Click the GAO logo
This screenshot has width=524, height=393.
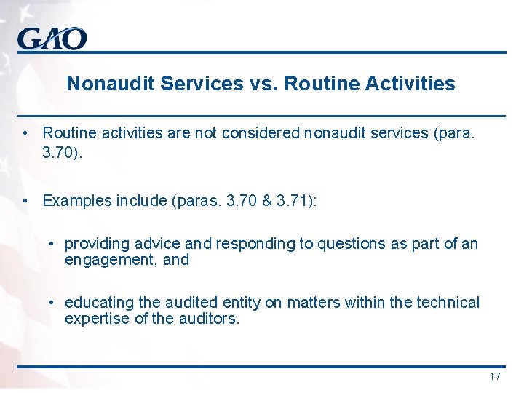coord(52,39)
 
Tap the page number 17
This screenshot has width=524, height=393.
coord(495,376)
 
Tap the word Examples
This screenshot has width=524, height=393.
coord(74,200)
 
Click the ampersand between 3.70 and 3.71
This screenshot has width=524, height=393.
coord(263,200)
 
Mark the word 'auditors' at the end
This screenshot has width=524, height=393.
coord(210,318)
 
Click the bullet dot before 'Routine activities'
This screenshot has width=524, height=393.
coord(25,133)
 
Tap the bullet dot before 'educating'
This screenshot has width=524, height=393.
coord(52,302)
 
